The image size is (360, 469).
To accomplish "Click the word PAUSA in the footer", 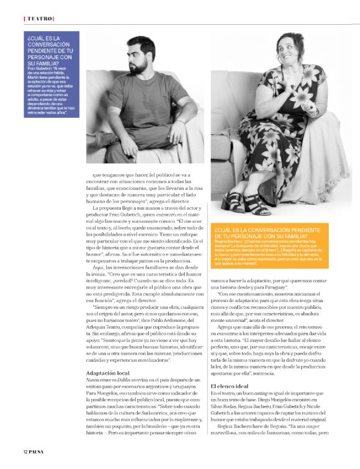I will click(39, 450).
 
